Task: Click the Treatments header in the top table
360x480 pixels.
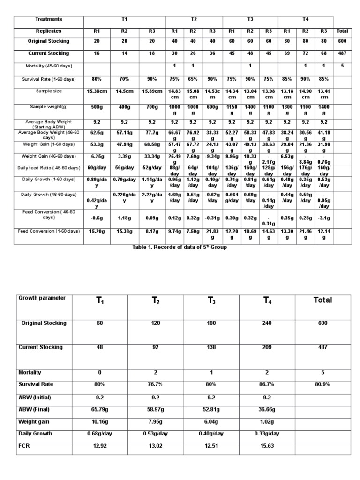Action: [49, 19]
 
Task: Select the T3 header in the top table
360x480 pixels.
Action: [250, 19]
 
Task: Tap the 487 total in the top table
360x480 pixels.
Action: [342, 53]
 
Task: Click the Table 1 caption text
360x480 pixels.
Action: [180, 247]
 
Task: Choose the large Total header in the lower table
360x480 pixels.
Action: [322, 300]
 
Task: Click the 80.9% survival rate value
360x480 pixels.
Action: [322, 384]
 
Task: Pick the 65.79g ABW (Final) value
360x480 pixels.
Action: [98, 409]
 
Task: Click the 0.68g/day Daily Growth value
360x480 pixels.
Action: [98, 434]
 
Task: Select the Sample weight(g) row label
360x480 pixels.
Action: [49, 107]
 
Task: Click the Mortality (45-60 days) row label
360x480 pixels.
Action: [49, 66]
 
